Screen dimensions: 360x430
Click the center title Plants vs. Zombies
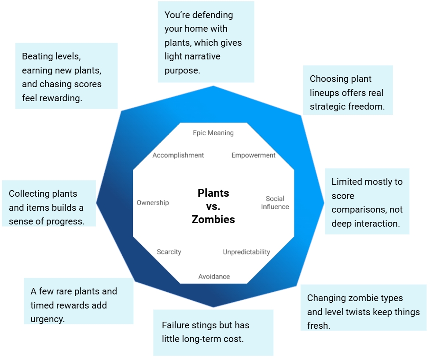pyautogui.click(x=213, y=206)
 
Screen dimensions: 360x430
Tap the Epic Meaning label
pyautogui.click(x=213, y=133)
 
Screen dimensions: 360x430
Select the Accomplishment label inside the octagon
pyautogui.click(x=178, y=155)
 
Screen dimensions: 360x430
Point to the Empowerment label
pyautogui.click(x=254, y=155)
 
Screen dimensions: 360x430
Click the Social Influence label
pyautogui.click(x=275, y=203)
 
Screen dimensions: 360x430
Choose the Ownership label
pyautogui.click(x=153, y=203)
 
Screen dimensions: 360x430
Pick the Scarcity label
pyautogui.click(x=169, y=252)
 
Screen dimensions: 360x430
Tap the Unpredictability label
pyautogui.click(x=246, y=252)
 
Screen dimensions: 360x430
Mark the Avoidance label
pyautogui.click(x=214, y=276)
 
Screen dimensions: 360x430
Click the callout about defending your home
pyautogui.click(x=206, y=42)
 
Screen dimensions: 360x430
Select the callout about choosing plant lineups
pyautogui.click(x=348, y=92)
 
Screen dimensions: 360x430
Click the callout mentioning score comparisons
pyautogui.click(x=367, y=202)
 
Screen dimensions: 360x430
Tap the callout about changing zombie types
pyautogui.click(x=363, y=312)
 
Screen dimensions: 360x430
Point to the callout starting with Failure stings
pyautogui.click(x=213, y=332)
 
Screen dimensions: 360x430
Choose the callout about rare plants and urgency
pyautogui.click(x=78, y=305)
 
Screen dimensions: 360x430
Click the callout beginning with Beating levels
pyautogui.click(x=66, y=77)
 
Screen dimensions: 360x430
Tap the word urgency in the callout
pyautogui.click(x=48, y=319)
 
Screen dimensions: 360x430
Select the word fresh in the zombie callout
pyautogui.click(x=318, y=326)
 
